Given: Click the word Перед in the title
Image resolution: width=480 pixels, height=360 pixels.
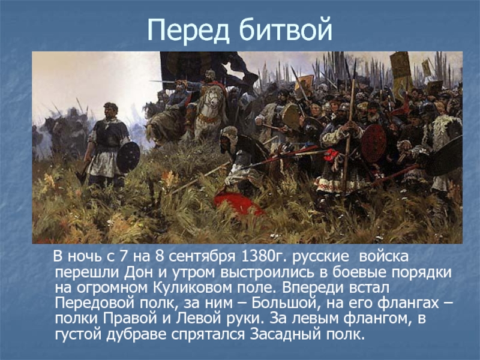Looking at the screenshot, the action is pyautogui.click(x=188, y=29).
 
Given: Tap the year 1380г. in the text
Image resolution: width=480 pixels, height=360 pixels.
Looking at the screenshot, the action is pyautogui.click(x=263, y=257).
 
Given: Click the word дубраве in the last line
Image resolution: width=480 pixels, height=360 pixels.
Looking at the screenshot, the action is pyautogui.click(x=137, y=334).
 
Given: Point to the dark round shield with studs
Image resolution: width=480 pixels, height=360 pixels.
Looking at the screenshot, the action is pyautogui.click(x=128, y=157).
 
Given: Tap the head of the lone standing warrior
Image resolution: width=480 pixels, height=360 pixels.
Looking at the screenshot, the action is pyautogui.click(x=110, y=110).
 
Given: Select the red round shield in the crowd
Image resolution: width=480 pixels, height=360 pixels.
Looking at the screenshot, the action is pyautogui.click(x=373, y=143).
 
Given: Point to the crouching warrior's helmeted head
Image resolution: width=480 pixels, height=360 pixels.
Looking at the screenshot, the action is pyautogui.click(x=228, y=137).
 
